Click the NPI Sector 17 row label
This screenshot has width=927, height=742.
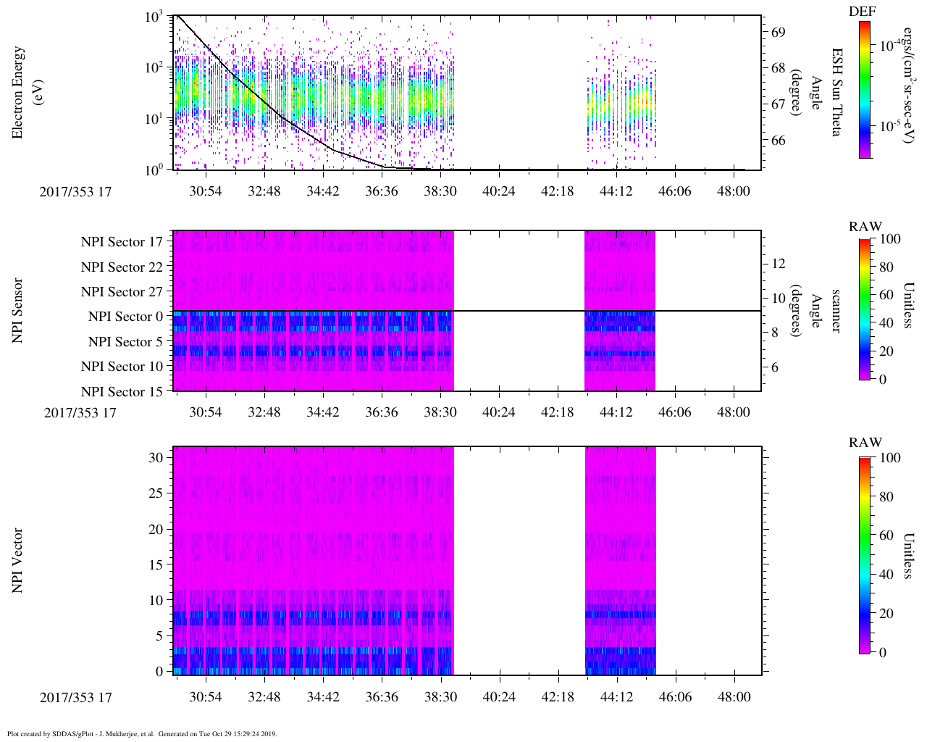(123, 242)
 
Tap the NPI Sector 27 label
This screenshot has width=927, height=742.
(123, 292)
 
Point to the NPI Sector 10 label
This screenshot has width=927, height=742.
(123, 367)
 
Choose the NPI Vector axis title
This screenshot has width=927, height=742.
(17, 561)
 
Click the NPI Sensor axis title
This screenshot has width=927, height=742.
(17, 311)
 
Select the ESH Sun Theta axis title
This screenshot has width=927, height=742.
(836, 92)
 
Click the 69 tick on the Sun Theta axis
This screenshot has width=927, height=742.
(779, 33)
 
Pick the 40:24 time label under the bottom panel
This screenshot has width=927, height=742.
(499, 697)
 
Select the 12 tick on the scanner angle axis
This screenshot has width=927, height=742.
(779, 263)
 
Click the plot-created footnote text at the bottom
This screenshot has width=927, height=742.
(142, 734)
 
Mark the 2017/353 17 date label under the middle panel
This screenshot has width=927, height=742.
(80, 413)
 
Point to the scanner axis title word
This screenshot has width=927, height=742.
(836, 311)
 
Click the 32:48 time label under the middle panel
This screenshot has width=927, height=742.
(264, 412)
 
